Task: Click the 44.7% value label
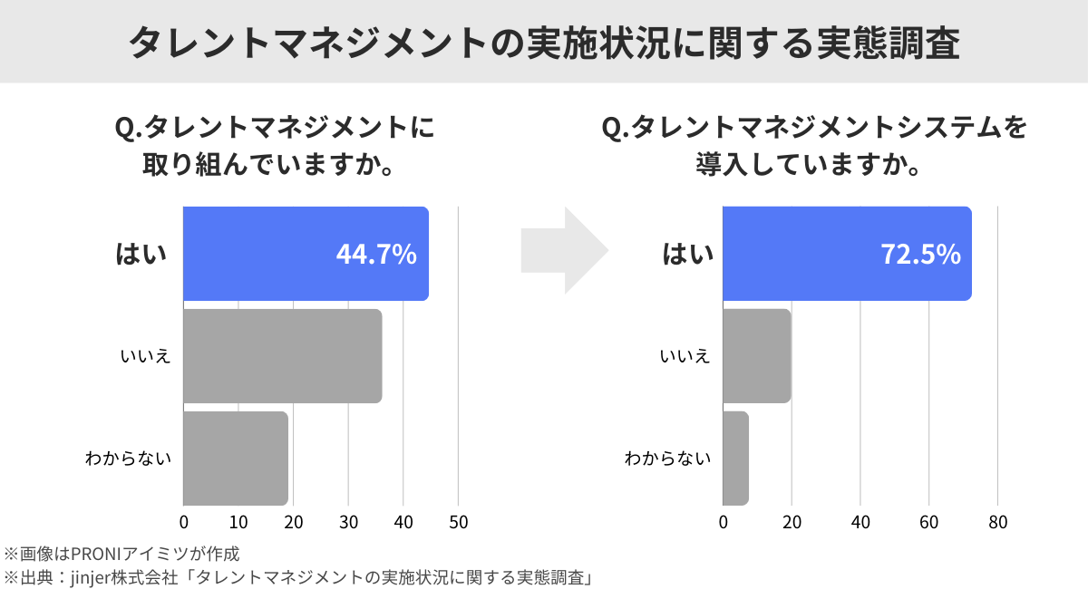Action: coord(376,255)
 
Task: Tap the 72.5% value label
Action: coord(920,255)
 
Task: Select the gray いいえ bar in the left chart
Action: coord(282,356)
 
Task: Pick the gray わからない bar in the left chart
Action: coord(236,459)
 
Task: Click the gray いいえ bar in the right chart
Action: coord(757,356)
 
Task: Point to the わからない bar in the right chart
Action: coord(736,459)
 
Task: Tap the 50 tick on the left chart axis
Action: coord(459,523)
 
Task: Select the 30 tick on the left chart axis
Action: coord(348,523)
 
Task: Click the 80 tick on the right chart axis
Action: coord(997,523)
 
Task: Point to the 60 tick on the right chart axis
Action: coord(928,523)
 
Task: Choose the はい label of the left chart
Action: coord(141,255)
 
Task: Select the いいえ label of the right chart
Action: coord(685,356)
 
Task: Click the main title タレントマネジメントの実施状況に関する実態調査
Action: coord(544,43)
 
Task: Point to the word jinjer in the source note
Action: coord(92,576)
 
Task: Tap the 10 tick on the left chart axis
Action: coord(238,523)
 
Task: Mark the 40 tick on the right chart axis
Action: coord(860,523)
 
